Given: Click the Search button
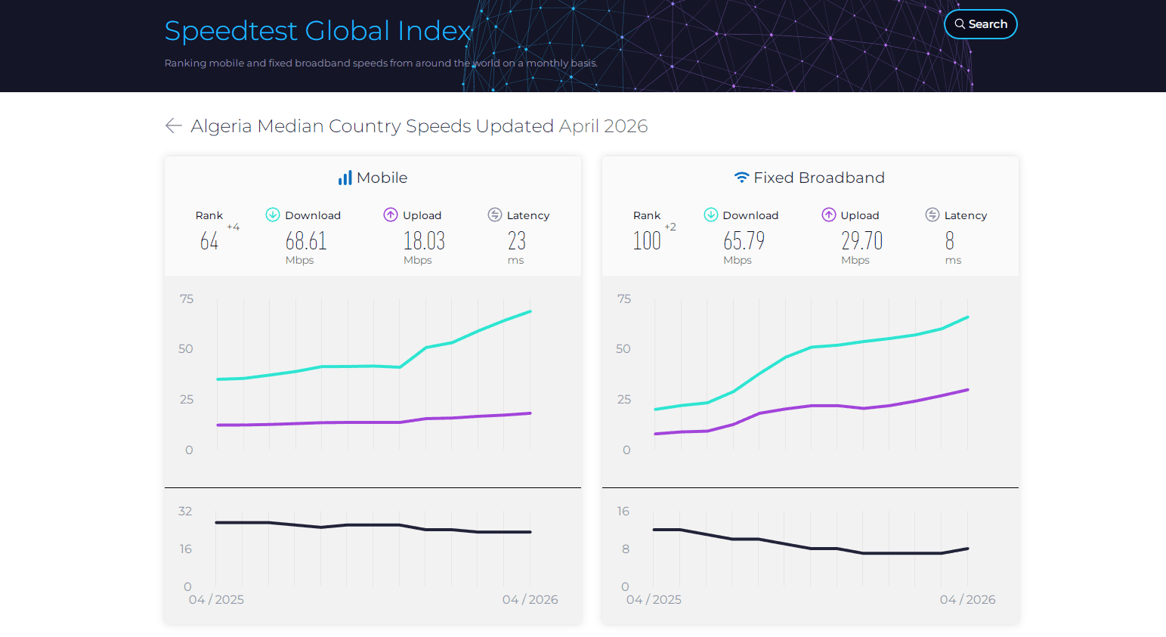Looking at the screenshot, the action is [x=981, y=24].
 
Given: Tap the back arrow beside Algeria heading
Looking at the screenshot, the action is [x=173, y=125].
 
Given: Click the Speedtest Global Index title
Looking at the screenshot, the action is [x=318, y=30].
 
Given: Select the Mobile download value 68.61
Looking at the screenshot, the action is [x=306, y=241].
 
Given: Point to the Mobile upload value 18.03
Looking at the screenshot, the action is [x=424, y=241].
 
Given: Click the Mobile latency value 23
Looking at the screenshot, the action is [x=517, y=241].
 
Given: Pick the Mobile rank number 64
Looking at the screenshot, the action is [x=209, y=241].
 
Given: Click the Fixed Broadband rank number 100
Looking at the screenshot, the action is [x=647, y=241].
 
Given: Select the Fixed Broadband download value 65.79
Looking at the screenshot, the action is [x=744, y=241].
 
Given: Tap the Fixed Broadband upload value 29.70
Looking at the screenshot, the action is [x=862, y=241].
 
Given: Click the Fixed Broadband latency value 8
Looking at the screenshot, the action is [x=950, y=241].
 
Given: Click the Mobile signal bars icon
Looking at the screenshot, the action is [x=345, y=178].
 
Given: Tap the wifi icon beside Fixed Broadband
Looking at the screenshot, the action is [x=742, y=178].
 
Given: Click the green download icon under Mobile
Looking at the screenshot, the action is [x=273, y=215].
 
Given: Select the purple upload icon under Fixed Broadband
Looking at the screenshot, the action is [x=829, y=215].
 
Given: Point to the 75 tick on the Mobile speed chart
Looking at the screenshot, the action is [x=187, y=298].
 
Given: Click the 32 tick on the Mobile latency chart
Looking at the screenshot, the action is [x=185, y=511].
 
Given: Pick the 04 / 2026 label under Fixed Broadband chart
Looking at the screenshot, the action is [x=968, y=599].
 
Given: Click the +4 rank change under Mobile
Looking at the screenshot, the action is [x=234, y=227].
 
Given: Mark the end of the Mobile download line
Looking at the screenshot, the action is [x=530, y=311].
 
